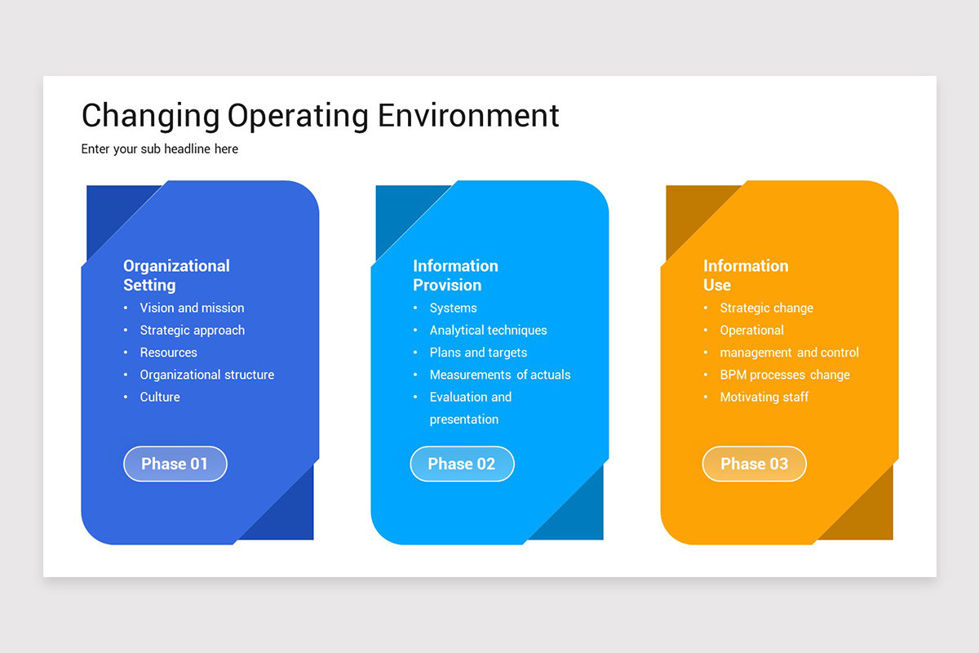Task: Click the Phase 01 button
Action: point(175,464)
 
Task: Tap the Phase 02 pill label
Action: point(462,464)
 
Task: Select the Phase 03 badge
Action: point(754,464)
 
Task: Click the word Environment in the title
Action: point(468,115)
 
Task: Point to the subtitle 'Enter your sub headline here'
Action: point(160,149)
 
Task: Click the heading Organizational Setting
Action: point(176,275)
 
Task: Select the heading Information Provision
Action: point(455,275)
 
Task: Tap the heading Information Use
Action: point(745,275)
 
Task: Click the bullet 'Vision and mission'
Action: point(192,308)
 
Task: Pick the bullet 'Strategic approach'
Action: point(192,330)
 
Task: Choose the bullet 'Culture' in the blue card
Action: point(160,397)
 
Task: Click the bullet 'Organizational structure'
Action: point(206,375)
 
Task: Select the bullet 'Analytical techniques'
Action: point(488,330)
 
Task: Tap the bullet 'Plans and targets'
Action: point(478,353)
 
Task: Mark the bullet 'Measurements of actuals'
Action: point(500,375)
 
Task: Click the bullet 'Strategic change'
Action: point(766,308)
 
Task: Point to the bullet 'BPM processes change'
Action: point(784,375)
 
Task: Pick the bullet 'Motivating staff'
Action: point(764,397)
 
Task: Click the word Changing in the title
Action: point(150,115)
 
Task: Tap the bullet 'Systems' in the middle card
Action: point(453,308)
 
